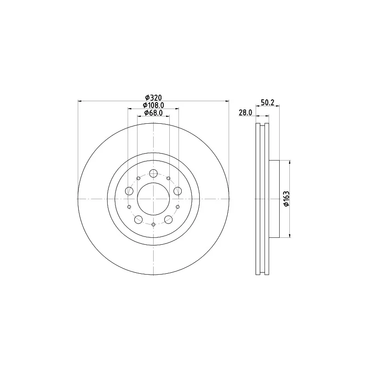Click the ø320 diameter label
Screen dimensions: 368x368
coord(154,98)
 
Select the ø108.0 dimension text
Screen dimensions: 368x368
coord(154,105)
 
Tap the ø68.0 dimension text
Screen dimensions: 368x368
coord(154,113)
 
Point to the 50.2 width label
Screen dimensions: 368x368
coord(268,102)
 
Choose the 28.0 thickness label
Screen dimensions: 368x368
coord(246,113)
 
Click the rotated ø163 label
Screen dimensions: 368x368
coord(287,199)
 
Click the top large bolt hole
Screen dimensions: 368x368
coord(153,173)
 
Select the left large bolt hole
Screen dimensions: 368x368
coord(129,191)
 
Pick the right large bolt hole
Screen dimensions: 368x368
coord(178,191)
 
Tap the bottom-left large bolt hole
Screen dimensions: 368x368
coord(138,219)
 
